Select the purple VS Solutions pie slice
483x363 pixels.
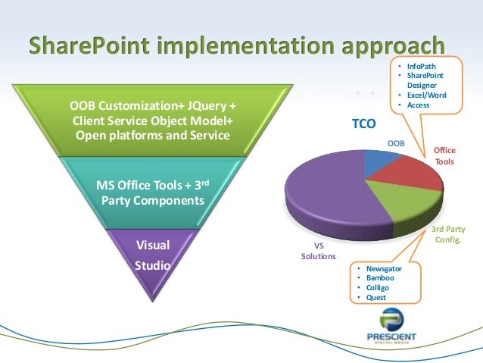333,189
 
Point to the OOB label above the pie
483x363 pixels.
396,142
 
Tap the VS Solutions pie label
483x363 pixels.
319,251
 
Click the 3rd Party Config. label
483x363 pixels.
447,234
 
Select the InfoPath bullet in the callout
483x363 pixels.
420,67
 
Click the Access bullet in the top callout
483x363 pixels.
417,105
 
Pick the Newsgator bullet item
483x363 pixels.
384,269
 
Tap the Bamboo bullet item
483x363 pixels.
381,278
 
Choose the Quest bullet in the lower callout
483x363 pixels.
376,297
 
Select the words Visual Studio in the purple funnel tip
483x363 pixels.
152,255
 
